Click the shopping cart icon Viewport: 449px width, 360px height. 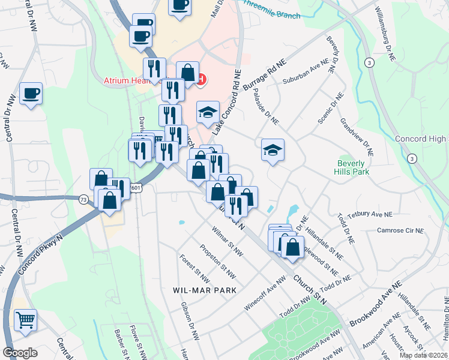pos(25,319)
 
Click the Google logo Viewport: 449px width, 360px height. pos(20,352)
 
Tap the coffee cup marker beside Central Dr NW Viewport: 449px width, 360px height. pos(31,94)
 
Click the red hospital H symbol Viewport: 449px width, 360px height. pos(202,79)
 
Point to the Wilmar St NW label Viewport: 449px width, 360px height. pos(228,238)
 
